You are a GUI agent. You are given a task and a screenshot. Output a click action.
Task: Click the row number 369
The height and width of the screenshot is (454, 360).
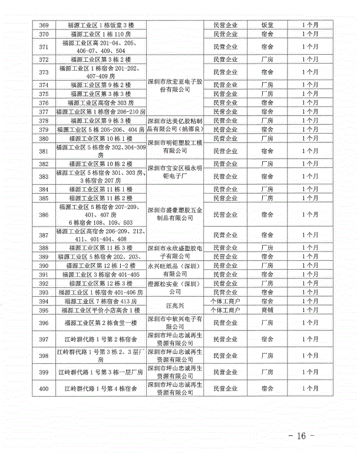point(43,25)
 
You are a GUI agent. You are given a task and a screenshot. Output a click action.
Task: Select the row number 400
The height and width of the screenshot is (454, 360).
point(43,389)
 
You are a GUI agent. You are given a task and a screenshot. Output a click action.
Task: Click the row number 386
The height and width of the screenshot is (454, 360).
point(43,215)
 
